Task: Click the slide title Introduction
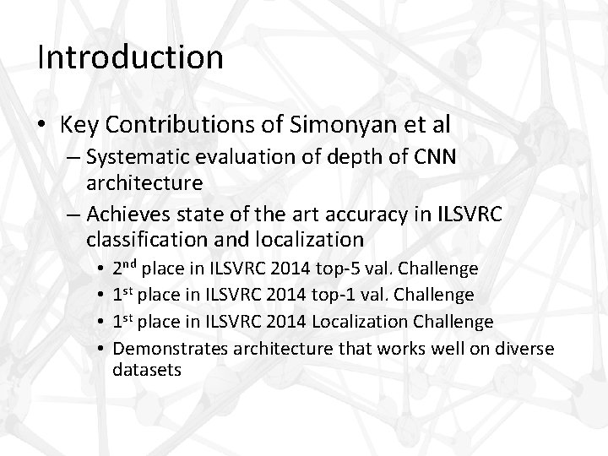(131, 58)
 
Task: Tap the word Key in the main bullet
(78, 125)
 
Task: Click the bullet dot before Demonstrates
(100, 347)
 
